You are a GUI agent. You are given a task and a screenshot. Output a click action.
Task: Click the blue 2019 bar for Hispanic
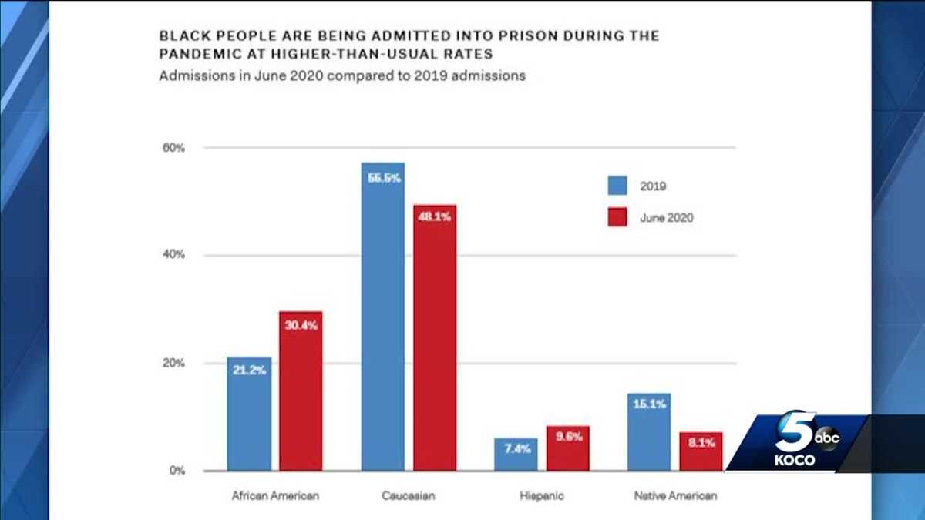[516, 451]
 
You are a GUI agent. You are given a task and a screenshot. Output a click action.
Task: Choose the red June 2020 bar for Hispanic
[568, 448]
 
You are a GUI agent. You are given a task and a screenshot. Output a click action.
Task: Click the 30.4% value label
[301, 326]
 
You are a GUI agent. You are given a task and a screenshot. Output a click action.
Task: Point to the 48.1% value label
[435, 217]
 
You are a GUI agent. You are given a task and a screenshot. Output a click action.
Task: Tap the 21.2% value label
[249, 370]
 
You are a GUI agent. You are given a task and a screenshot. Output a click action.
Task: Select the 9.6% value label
[568, 436]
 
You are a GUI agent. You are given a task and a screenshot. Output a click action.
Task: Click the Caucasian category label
[409, 496]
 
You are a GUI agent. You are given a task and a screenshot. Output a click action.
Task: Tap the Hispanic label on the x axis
[542, 496]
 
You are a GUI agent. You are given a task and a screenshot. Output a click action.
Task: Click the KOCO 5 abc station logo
[802, 443]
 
